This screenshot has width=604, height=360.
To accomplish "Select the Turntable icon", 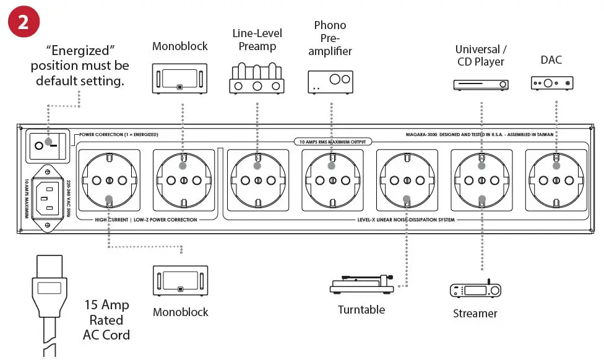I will click(361, 285).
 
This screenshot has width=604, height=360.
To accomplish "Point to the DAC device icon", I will click(552, 83).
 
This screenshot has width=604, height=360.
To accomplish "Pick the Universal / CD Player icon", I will click(481, 85).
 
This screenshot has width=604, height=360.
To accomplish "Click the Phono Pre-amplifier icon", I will click(330, 82).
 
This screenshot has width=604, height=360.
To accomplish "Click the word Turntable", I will click(361, 309).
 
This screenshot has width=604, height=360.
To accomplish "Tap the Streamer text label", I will click(475, 313).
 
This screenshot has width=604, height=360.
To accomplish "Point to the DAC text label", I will click(552, 61).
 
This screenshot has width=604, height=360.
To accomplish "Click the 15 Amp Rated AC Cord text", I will click(106, 320).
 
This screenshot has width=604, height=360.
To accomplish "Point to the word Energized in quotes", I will click(82, 49).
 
